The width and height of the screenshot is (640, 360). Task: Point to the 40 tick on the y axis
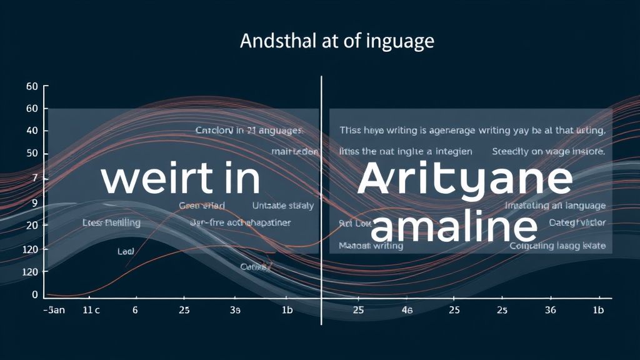(x=32, y=131)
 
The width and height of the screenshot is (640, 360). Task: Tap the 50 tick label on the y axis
(x=32, y=154)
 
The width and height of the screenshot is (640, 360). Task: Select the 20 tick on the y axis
(x=32, y=225)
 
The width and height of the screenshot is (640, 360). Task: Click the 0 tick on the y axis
(x=35, y=294)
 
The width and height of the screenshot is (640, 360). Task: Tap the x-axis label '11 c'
(x=91, y=310)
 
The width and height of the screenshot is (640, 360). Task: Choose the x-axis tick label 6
(x=134, y=310)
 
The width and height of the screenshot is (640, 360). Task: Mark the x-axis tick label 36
(x=550, y=310)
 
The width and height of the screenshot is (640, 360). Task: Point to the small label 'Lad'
(x=126, y=251)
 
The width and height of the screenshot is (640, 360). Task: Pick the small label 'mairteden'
(x=294, y=152)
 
